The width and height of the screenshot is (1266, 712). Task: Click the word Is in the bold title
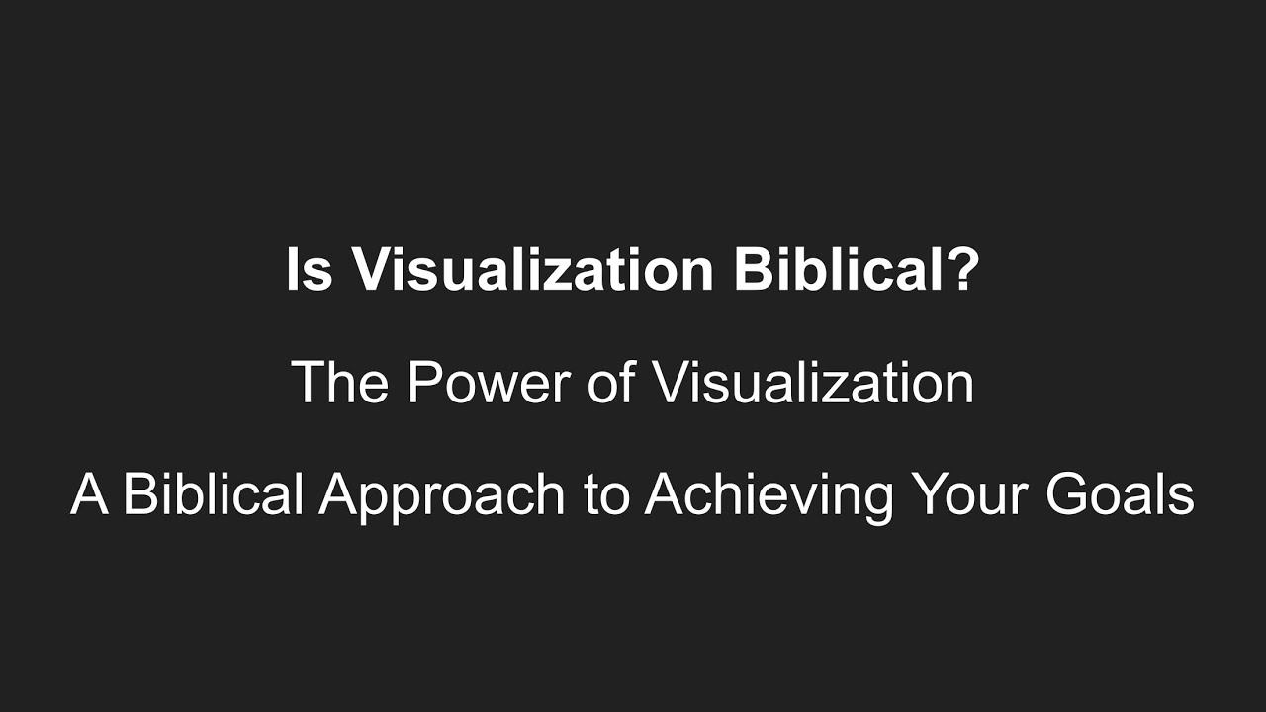[309, 270]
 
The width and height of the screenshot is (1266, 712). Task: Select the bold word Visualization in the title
[532, 270]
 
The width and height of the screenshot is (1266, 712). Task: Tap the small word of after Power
[610, 383]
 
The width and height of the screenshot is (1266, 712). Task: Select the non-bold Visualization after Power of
[812, 383]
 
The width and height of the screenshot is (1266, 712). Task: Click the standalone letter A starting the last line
[89, 494]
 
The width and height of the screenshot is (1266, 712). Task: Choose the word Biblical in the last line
[212, 494]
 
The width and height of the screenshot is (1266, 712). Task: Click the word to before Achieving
[606, 495]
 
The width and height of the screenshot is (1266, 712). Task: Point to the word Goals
[1123, 494]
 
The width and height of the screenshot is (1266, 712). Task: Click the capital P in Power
[423, 383]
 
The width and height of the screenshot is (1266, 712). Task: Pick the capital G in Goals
[1072, 494]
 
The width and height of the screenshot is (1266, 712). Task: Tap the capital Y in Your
[928, 494]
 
